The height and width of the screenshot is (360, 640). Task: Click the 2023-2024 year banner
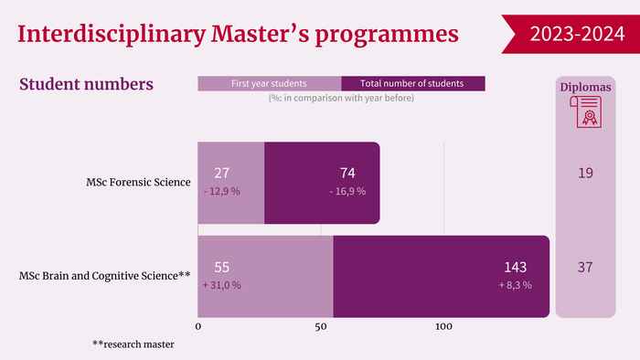(571, 34)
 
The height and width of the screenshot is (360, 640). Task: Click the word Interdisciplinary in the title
(111, 35)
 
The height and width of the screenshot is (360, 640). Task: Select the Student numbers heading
(86, 84)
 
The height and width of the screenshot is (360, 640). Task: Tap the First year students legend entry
(269, 83)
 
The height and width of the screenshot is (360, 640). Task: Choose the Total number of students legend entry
(412, 83)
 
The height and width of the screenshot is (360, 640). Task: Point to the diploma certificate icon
(586, 112)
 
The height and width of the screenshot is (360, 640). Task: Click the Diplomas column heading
(586, 87)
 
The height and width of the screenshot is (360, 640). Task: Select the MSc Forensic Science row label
(138, 182)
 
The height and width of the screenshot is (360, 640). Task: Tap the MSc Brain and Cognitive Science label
(104, 276)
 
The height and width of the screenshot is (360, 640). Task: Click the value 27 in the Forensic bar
(221, 174)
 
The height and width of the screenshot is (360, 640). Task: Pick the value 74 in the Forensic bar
(347, 174)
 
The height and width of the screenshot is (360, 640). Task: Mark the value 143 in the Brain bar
(516, 268)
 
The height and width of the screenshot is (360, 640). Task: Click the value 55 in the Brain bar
(221, 268)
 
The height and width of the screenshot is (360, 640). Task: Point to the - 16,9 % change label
(347, 191)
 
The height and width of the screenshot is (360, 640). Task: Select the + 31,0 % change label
(221, 285)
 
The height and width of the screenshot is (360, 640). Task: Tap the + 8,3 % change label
(516, 285)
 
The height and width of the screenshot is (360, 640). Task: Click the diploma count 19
(585, 174)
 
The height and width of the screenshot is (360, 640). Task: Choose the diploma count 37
(585, 268)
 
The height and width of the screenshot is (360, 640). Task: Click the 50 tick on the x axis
(321, 326)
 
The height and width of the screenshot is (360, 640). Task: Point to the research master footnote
(133, 344)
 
